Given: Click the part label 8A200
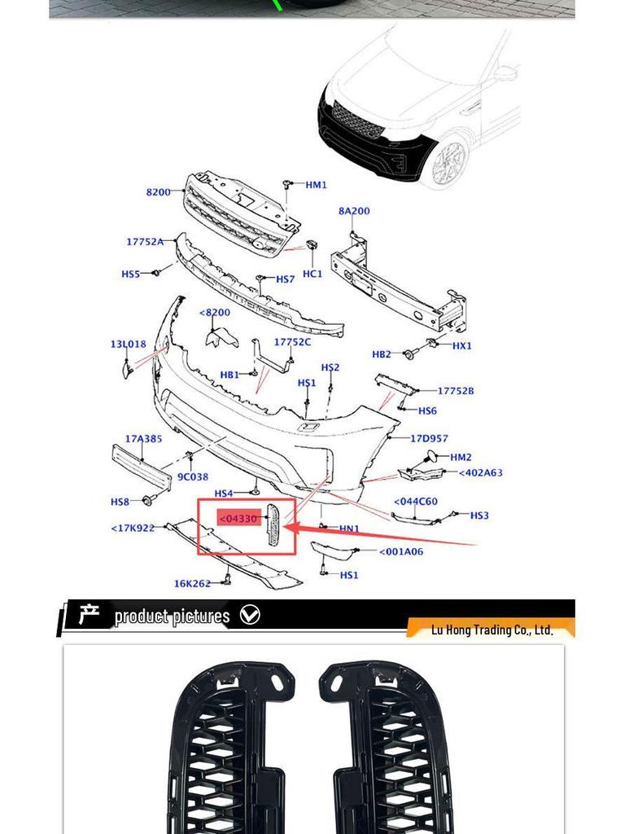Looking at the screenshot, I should tap(354, 211).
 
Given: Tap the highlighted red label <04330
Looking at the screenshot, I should tap(238, 518).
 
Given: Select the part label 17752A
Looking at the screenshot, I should tap(145, 242).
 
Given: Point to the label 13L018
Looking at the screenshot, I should tap(129, 345).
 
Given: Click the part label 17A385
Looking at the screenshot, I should tap(143, 439).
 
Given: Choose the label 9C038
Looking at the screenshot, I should tap(193, 477).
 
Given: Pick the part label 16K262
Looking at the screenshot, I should tap(192, 583).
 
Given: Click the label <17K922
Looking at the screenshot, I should tap(133, 529).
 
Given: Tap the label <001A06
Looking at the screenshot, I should tap(401, 552).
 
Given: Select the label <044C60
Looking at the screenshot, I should tap(415, 502).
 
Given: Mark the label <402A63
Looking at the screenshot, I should tap(480, 472).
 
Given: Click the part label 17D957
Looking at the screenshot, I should tap(429, 439).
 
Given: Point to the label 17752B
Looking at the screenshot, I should tap(456, 391).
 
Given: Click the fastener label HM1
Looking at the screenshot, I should tap(316, 185).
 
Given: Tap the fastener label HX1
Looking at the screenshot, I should tap(461, 345).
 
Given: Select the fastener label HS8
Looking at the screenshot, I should tap(120, 502).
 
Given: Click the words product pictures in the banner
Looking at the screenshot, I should tap(172, 617).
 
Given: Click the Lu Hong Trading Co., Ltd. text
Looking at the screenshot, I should tap(492, 630).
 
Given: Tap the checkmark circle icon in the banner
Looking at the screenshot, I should tap(251, 616).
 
